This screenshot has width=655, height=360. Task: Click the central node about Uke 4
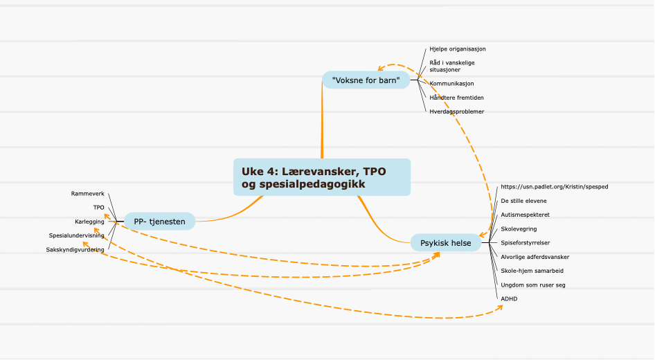(x=322, y=177)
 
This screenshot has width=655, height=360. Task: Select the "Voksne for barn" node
(x=366, y=80)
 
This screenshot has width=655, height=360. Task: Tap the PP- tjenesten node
(x=159, y=222)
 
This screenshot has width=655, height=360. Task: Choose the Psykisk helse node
(x=446, y=242)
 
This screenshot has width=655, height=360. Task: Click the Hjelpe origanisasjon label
(x=458, y=49)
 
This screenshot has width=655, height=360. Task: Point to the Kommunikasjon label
(x=451, y=84)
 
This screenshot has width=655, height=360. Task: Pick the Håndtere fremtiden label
(x=456, y=98)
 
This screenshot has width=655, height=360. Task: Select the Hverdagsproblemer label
(x=456, y=111)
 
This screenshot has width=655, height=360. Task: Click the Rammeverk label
(x=88, y=194)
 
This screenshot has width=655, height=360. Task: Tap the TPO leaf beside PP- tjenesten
(x=98, y=208)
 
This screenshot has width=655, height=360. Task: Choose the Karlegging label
(x=89, y=222)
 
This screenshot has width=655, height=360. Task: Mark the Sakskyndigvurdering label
(x=75, y=250)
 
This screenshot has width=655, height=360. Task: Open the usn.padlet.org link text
(x=555, y=187)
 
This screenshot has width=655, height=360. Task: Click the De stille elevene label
(x=523, y=201)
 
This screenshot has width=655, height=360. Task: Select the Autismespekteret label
(x=525, y=215)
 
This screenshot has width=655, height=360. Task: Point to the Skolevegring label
(x=519, y=229)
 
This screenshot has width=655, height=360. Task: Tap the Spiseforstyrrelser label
(x=525, y=242)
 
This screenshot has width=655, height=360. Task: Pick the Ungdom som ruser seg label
(x=533, y=285)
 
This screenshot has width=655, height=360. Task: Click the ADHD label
(x=509, y=298)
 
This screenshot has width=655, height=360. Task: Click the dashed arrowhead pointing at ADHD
(x=500, y=308)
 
